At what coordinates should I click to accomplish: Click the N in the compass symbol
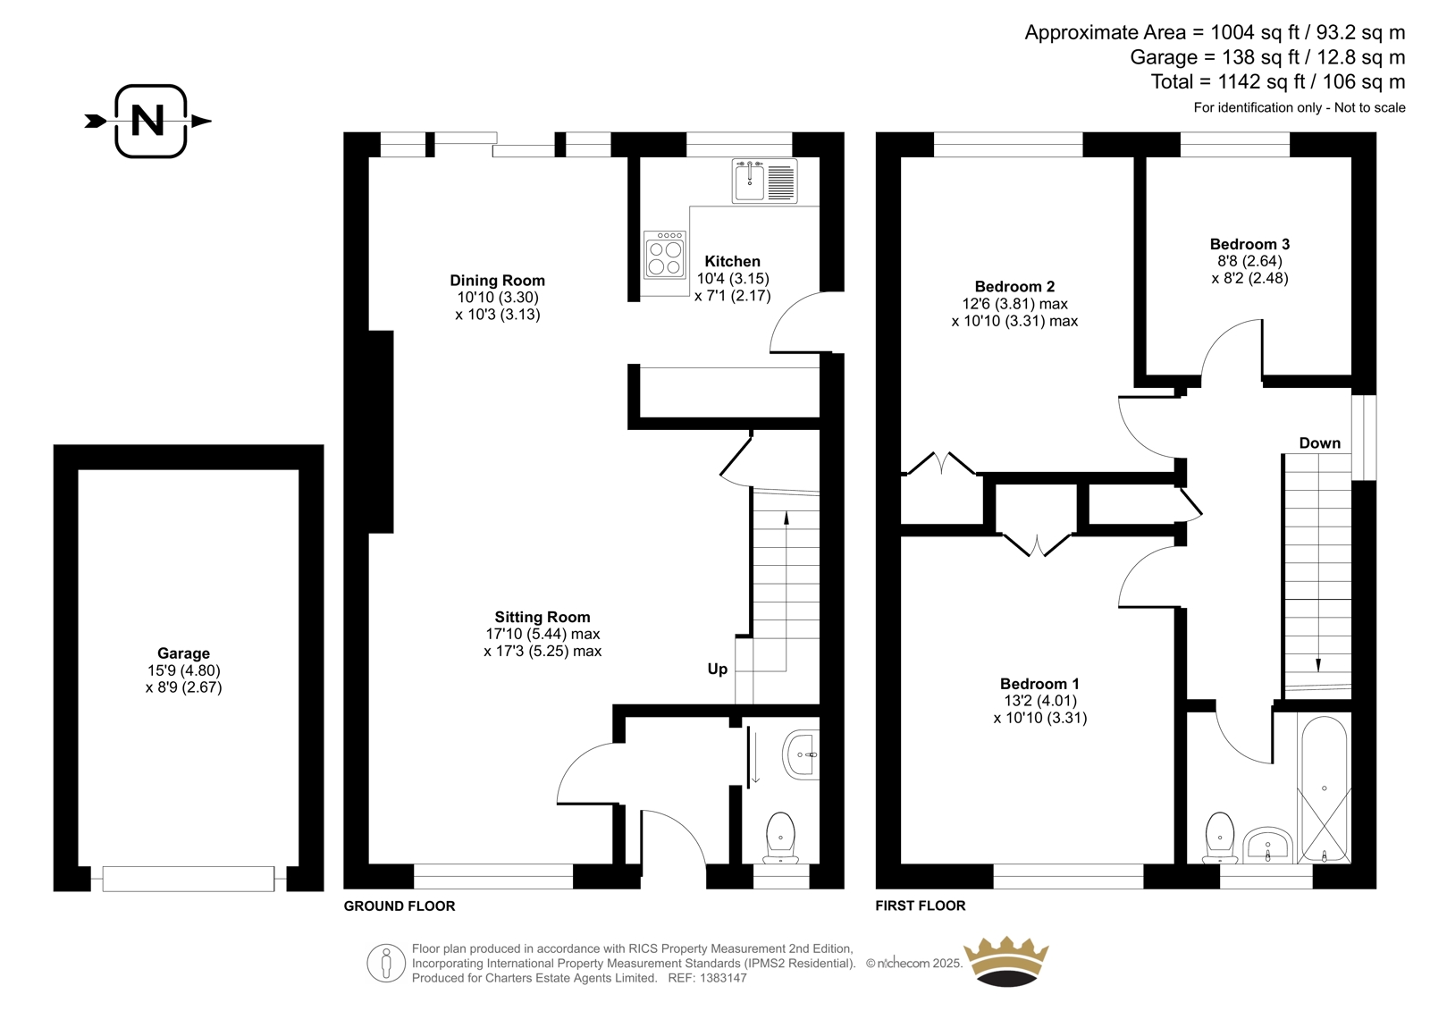tap(147, 121)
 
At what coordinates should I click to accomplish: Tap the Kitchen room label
tap(732, 261)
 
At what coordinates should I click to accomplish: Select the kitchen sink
tap(764, 181)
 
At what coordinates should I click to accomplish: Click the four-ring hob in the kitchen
tap(665, 255)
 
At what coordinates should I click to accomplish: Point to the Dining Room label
tap(497, 281)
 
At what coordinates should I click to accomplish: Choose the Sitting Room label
tap(542, 617)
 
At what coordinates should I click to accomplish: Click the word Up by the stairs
tap(717, 670)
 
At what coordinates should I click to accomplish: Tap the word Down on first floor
tap(1319, 443)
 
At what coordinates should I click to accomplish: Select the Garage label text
tap(183, 653)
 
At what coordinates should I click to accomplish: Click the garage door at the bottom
tap(189, 879)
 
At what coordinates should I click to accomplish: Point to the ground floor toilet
tap(781, 838)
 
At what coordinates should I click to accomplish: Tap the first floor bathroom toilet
tap(1219, 838)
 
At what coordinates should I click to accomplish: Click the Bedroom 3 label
tap(1249, 244)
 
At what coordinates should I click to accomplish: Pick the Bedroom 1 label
tap(1039, 683)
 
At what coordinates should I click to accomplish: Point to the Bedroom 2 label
tap(1014, 287)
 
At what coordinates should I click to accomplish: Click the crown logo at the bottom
tap(1006, 962)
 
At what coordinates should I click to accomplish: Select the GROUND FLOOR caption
tap(400, 906)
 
